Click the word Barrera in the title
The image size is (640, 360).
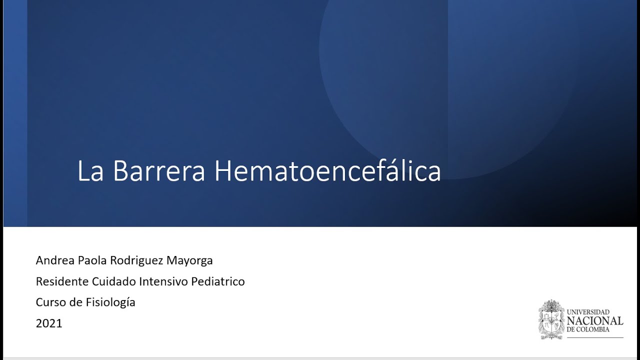click(x=159, y=171)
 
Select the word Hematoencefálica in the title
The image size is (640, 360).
click(x=327, y=171)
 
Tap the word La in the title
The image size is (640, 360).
click(x=90, y=171)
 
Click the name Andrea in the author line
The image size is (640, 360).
click(x=55, y=260)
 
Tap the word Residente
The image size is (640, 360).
click(x=62, y=281)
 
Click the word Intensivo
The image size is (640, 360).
click(x=163, y=281)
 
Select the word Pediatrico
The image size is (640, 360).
click(x=218, y=281)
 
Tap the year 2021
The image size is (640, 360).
click(x=49, y=323)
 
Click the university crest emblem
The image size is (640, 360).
click(x=551, y=320)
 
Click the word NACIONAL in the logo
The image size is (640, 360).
click(x=595, y=321)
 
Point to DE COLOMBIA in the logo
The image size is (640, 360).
click(x=588, y=330)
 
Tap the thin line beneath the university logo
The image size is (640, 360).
click(x=594, y=337)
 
